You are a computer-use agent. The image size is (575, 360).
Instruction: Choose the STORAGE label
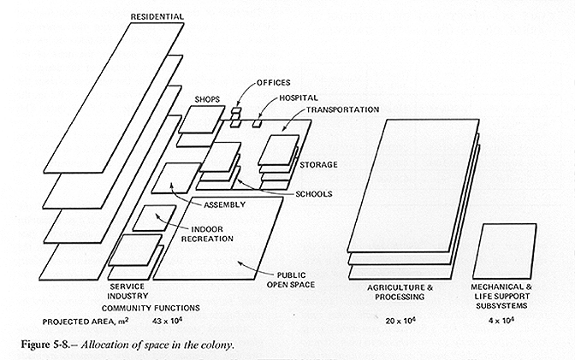tap(317, 164)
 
